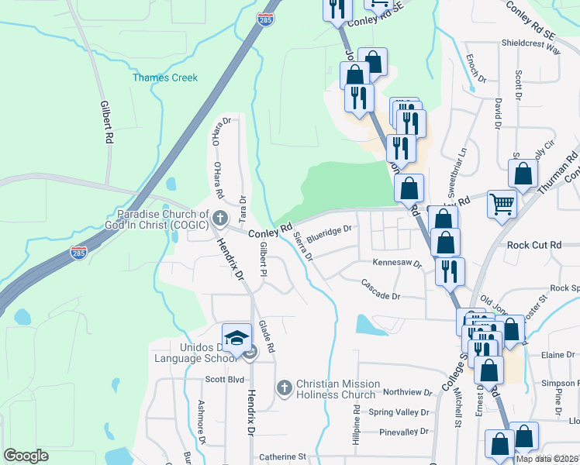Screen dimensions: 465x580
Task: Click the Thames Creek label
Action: pyautogui.click(x=165, y=77)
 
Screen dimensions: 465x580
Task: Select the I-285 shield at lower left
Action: pyautogui.click(x=78, y=253)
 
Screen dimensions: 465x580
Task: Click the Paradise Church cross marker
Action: pyautogui.click(x=221, y=218)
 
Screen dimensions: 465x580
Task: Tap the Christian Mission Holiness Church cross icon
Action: pyautogui.click(x=284, y=387)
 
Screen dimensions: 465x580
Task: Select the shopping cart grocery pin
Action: pyautogui.click(x=502, y=205)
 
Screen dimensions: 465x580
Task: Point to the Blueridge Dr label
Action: pyautogui.click(x=330, y=232)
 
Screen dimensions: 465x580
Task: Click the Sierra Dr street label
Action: pyautogui.click(x=303, y=247)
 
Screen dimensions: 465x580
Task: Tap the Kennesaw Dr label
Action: pyautogui.click(x=395, y=263)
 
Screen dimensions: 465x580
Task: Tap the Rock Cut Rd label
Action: pyautogui.click(x=533, y=245)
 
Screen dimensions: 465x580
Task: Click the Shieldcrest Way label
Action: pyautogui.click(x=530, y=47)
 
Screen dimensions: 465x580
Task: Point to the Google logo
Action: pyautogui.click(x=26, y=456)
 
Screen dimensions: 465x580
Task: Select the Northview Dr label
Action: pyautogui.click(x=407, y=393)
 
